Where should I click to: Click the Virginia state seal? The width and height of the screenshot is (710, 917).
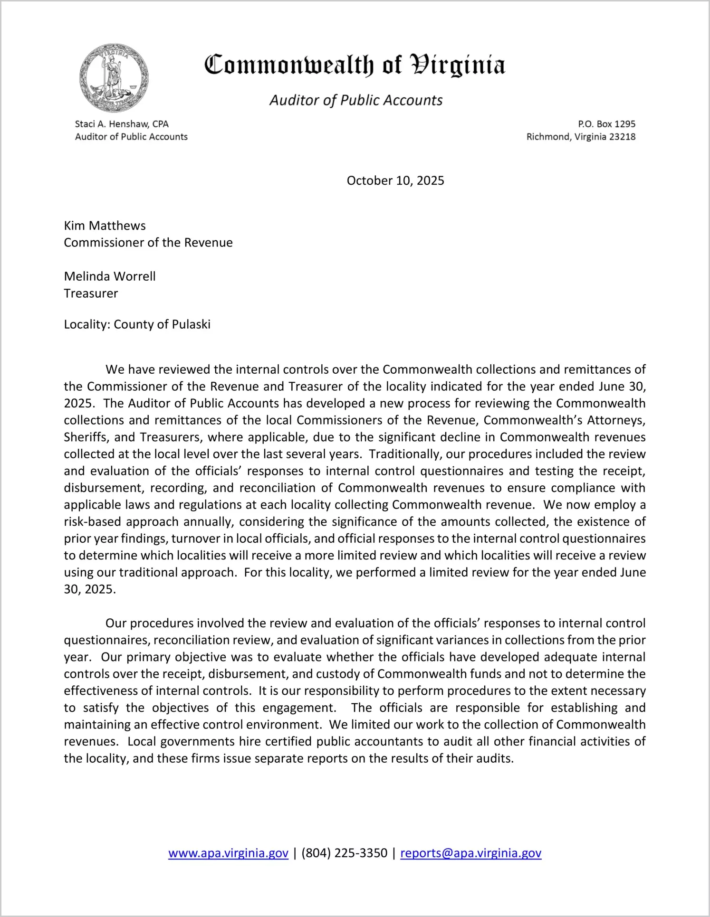pyautogui.click(x=114, y=78)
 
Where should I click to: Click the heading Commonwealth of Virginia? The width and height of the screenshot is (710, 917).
pyautogui.click(x=355, y=65)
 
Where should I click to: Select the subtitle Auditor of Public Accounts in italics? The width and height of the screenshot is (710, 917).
pyautogui.click(x=356, y=100)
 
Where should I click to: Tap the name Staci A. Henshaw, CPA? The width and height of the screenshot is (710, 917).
pyautogui.click(x=122, y=124)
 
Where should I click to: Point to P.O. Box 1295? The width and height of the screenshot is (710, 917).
pyautogui.click(x=606, y=124)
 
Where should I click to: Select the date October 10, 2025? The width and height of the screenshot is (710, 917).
pyautogui.click(x=395, y=180)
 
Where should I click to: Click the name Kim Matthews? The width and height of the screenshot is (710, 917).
pyautogui.click(x=105, y=226)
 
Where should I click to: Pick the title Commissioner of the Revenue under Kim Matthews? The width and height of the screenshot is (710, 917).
pyautogui.click(x=148, y=243)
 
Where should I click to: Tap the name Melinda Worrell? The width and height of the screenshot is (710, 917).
pyautogui.click(x=110, y=276)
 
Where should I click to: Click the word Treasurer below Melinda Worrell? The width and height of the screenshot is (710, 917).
pyautogui.click(x=91, y=293)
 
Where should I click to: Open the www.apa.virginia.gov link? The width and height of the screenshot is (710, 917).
pyautogui.click(x=228, y=853)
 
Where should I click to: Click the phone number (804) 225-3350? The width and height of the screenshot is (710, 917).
pyautogui.click(x=344, y=853)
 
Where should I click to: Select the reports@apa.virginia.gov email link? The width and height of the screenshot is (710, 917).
pyautogui.click(x=470, y=853)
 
